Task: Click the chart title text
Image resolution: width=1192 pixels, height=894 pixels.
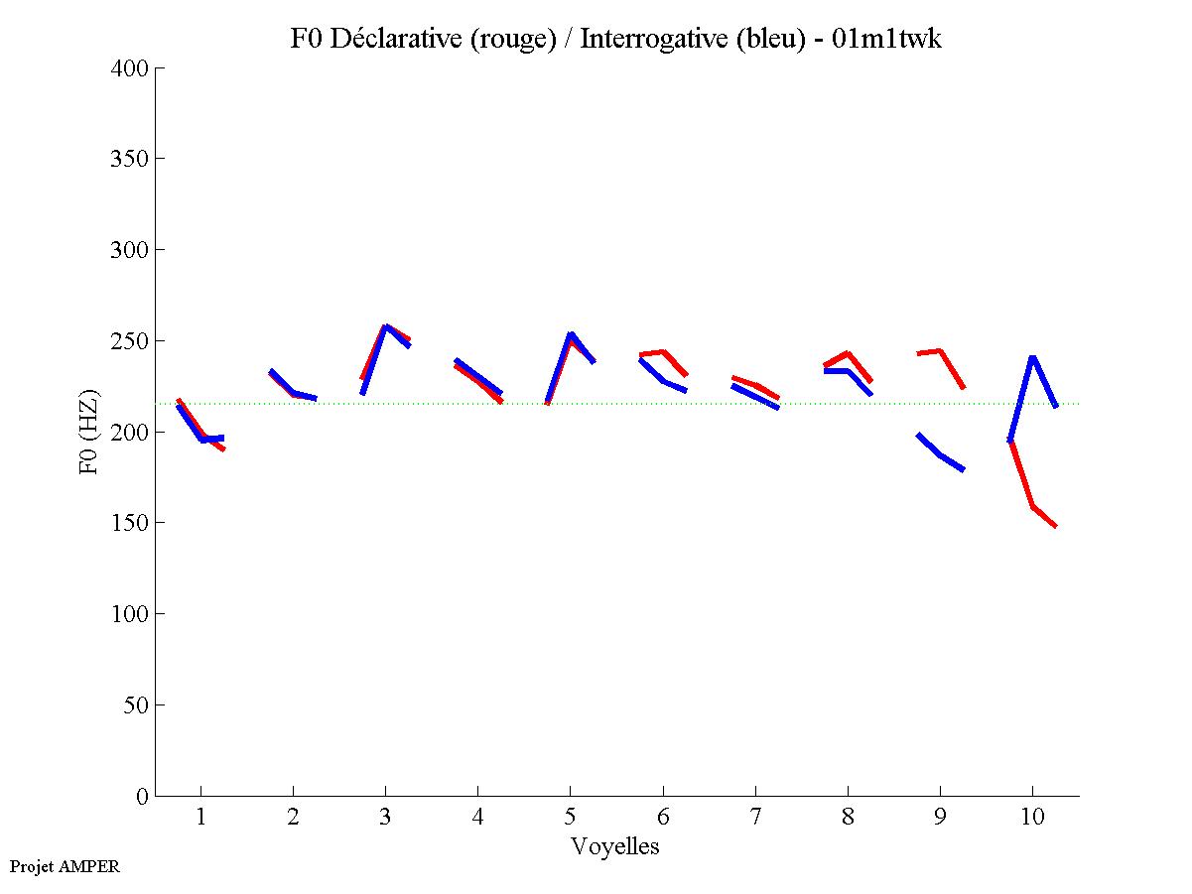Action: (615, 39)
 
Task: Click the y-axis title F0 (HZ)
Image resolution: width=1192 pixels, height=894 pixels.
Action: (89, 432)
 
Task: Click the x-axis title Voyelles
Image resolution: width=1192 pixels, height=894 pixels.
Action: (615, 846)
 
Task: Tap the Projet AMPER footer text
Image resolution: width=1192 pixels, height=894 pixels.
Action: (65, 866)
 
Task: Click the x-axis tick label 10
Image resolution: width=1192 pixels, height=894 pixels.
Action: (1032, 818)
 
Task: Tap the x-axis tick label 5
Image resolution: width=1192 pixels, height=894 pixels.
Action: (570, 818)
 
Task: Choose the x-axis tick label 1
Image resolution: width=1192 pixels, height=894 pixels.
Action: (200, 818)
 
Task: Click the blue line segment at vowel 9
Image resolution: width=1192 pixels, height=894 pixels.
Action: (940, 454)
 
